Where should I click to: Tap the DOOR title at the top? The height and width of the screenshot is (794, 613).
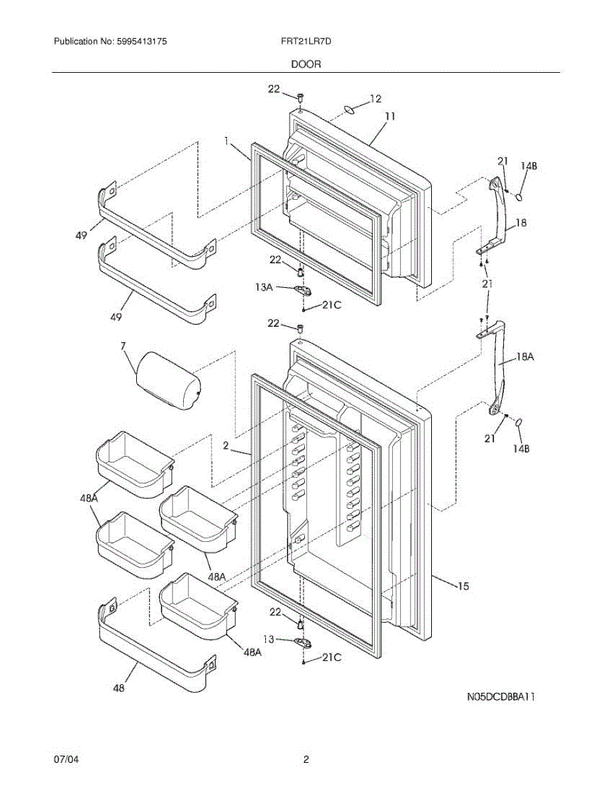[306, 64]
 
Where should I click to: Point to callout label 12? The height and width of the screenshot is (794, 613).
[375, 99]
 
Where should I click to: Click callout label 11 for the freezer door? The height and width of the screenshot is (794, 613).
[390, 116]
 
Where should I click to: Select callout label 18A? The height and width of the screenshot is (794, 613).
[524, 357]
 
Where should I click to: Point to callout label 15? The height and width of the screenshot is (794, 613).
[463, 586]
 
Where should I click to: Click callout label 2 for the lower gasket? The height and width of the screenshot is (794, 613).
[226, 447]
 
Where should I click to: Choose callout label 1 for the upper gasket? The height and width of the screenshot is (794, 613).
[226, 141]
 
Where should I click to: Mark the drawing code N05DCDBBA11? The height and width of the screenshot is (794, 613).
[501, 696]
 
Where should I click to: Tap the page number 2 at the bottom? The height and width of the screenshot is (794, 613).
[306, 760]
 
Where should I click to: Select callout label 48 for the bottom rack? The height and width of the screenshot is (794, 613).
[118, 689]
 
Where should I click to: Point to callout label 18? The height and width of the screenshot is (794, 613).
[520, 224]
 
